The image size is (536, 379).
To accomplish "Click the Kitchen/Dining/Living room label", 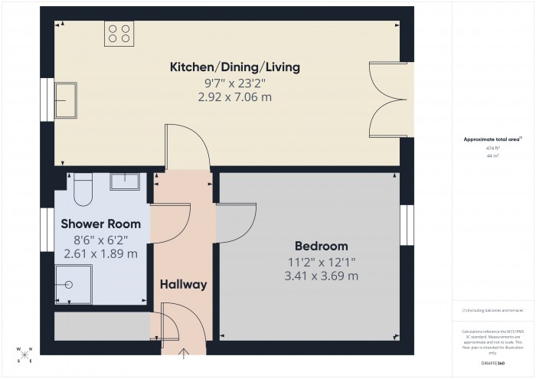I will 235,67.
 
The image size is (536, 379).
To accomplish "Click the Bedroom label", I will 321,247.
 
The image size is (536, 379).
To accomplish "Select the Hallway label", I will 183,285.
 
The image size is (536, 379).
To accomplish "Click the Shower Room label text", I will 101,224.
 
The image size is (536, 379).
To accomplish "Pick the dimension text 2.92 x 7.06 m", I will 235,97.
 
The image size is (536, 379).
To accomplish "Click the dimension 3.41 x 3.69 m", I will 321,276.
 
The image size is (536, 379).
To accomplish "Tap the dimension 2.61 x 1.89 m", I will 101,253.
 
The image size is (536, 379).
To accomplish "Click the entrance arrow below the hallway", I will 183,352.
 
